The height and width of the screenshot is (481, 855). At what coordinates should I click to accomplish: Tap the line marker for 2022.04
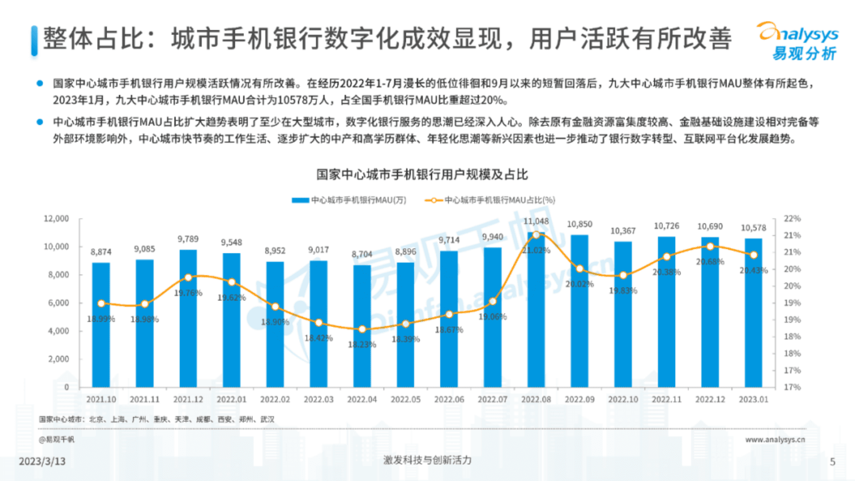pyautogui.click(x=362, y=329)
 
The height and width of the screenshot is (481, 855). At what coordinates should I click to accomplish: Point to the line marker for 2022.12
pyautogui.click(x=710, y=247)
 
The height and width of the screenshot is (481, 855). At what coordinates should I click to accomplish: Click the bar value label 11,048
pyautogui.click(x=536, y=221)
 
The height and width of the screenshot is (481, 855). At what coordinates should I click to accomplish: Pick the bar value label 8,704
pyautogui.click(x=362, y=254)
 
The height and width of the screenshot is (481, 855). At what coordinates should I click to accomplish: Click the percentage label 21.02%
pyautogui.click(x=536, y=250)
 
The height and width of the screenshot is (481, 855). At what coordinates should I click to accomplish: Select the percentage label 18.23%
pyautogui.click(x=362, y=345)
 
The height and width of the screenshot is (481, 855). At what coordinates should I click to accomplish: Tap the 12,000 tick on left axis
pyautogui.click(x=56, y=219)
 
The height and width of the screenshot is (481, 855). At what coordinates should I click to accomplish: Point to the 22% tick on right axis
pyautogui.click(x=792, y=219)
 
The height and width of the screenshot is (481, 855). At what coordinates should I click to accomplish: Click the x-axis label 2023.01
pyautogui.click(x=753, y=400)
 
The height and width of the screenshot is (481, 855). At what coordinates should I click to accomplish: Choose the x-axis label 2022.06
pyautogui.click(x=449, y=400)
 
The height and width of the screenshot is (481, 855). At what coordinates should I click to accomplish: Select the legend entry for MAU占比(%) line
pyautogui.click(x=490, y=200)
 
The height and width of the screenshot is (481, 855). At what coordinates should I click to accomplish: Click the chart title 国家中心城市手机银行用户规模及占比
pyautogui.click(x=422, y=175)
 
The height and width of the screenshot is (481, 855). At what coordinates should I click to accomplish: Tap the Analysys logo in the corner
pyautogui.click(x=798, y=41)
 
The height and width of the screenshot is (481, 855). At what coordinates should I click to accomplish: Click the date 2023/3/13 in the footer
pyautogui.click(x=42, y=462)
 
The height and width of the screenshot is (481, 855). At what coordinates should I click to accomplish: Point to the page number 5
pyautogui.click(x=832, y=462)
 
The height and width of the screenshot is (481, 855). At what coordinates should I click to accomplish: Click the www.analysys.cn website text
pyautogui.click(x=775, y=440)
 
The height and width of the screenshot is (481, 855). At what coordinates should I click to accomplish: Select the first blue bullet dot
pyautogui.click(x=39, y=83)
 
